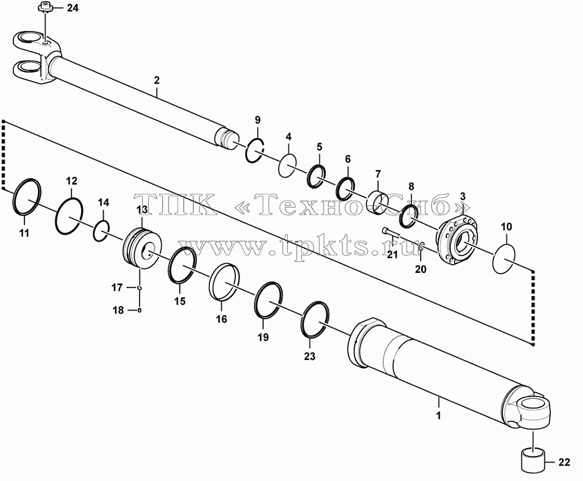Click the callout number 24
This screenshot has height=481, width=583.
pyautogui.click(x=72, y=8)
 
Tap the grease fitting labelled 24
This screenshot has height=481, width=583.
pyautogui.click(x=44, y=8)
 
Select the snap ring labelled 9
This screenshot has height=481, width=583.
pyautogui.click(x=254, y=150)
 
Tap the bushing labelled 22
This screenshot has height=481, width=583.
pyautogui.click(x=533, y=462)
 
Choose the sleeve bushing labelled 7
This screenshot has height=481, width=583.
pyautogui.click(x=379, y=203)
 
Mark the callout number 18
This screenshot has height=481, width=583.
pyautogui.click(x=118, y=310)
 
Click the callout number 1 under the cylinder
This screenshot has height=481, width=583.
pyautogui.click(x=439, y=415)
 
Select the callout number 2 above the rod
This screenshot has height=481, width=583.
pyautogui.click(x=156, y=80)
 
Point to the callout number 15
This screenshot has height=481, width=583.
pyautogui.click(x=180, y=301)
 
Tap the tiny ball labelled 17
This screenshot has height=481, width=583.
pyautogui.click(x=139, y=287)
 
